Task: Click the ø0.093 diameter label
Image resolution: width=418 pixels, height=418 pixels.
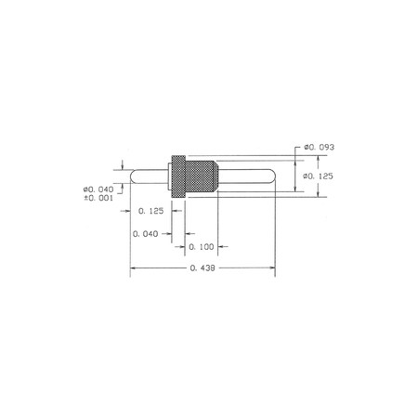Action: [x=318, y=149]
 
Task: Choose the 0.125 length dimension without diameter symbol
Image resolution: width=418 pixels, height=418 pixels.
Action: [x=150, y=212]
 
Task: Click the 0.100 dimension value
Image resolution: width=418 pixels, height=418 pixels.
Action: [x=202, y=247]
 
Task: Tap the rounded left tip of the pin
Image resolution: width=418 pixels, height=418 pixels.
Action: [x=132, y=176]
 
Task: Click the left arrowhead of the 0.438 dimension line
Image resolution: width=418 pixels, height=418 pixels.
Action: [x=132, y=269]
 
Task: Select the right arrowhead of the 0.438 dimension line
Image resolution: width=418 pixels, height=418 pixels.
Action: [x=273, y=269]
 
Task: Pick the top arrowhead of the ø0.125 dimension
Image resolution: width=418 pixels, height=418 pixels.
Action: [x=320, y=159]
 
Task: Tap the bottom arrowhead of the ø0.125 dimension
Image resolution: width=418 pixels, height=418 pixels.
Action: [x=320, y=194]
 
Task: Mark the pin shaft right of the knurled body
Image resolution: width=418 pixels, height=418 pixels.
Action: [x=246, y=176]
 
